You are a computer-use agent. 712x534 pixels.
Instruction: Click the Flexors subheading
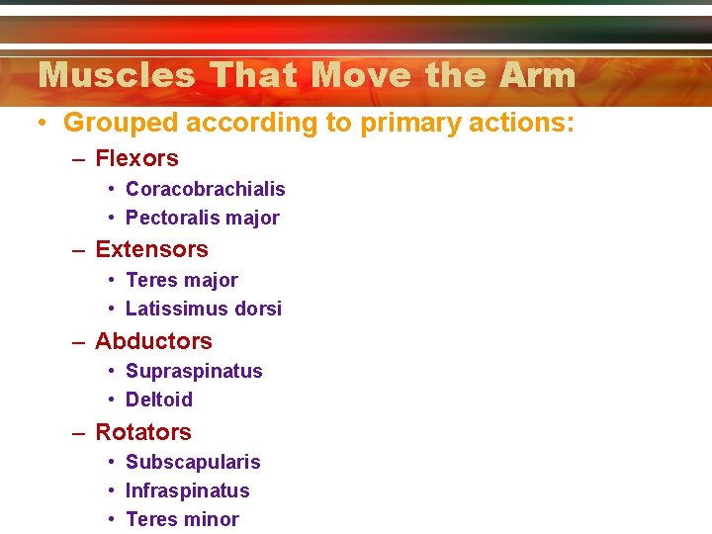(136, 158)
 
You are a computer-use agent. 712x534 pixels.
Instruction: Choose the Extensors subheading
(151, 249)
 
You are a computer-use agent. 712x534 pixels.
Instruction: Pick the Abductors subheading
(153, 341)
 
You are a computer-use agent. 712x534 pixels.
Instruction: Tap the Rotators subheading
(143, 432)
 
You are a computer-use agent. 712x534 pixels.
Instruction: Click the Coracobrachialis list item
(206, 189)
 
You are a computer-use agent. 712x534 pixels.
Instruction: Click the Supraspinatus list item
(194, 372)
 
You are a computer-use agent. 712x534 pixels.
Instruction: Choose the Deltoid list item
(159, 400)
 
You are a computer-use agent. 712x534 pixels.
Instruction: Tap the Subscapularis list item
(193, 463)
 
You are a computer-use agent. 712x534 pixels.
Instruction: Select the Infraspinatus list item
(188, 490)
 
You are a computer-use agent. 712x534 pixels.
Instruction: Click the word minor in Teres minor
(212, 519)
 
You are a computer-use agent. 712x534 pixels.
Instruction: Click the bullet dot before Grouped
(44, 124)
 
